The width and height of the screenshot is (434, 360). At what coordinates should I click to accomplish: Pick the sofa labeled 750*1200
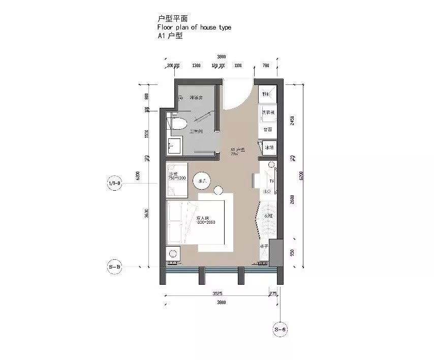pyautogui.click(x=176, y=178)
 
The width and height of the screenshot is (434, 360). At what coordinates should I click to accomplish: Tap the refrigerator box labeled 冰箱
pyautogui.click(x=269, y=148)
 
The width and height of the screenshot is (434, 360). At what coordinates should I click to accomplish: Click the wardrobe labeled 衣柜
pyautogui.click(x=268, y=216)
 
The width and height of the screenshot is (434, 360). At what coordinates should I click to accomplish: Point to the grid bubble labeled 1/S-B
pyautogui.click(x=114, y=183)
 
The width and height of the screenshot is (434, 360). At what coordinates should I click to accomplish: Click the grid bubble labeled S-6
pyautogui.click(x=281, y=329)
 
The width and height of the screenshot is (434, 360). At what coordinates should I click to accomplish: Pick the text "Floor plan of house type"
pyautogui.click(x=195, y=27)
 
